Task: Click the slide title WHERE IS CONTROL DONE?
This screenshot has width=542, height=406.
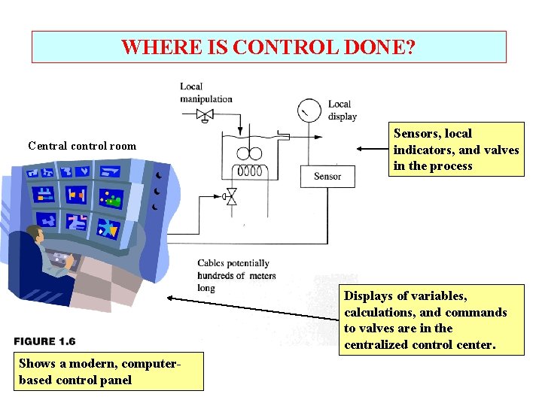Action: (268, 47)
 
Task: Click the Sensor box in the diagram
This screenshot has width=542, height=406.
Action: (327, 177)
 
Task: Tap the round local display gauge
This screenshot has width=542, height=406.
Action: (308, 111)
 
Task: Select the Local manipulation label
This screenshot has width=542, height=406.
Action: (206, 92)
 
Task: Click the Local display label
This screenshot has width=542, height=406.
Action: (341, 110)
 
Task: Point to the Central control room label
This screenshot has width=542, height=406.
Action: (82, 146)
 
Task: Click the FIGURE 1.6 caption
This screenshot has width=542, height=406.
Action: (45, 341)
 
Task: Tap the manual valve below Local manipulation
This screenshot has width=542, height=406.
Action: (205, 115)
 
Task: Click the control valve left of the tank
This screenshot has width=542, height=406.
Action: (230, 198)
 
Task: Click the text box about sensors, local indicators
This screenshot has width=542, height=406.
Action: (456, 150)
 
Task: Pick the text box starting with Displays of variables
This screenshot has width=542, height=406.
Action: (425, 320)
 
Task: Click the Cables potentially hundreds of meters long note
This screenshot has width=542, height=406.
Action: (236, 276)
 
